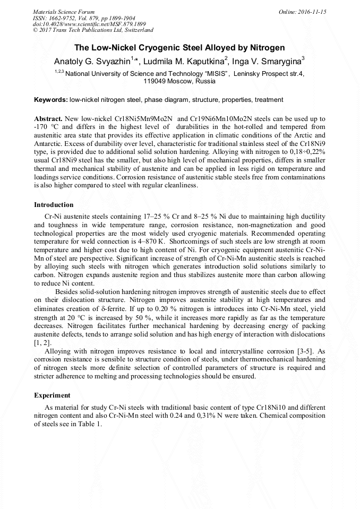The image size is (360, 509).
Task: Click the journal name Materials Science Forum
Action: pyautogui.click(x=64, y=12)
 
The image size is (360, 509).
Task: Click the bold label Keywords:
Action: pyautogui.click(x=50, y=100)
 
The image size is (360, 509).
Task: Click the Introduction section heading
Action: pyautogui.click(x=54, y=205)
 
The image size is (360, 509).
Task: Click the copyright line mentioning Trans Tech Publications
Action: pyautogui.click(x=93, y=30)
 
